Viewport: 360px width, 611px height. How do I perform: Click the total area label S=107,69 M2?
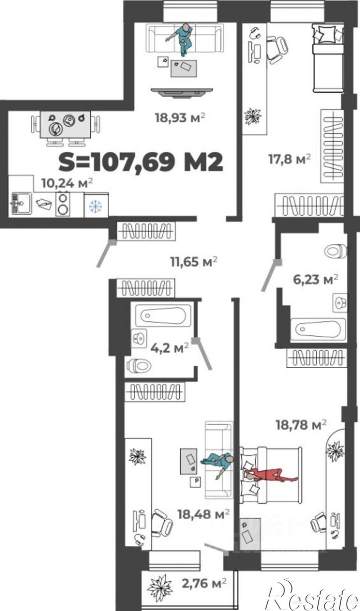click(141, 162)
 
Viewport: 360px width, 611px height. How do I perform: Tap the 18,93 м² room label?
click(180, 118)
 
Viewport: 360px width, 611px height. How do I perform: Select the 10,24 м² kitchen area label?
click(67, 183)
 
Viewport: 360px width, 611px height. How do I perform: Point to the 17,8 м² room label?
click(289, 159)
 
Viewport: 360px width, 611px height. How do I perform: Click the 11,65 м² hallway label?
click(194, 262)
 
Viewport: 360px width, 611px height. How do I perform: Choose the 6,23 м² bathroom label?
click(315, 280)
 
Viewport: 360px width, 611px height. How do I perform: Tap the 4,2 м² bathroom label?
click(170, 348)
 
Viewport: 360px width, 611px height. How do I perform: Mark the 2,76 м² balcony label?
click(204, 583)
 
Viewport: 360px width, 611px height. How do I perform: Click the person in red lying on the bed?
click(270, 475)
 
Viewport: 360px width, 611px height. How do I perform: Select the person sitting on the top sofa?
click(182, 39)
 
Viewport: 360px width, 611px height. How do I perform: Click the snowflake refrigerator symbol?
click(96, 206)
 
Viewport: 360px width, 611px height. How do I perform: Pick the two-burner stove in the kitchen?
click(63, 204)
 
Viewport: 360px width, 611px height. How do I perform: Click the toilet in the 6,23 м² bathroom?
click(336, 251)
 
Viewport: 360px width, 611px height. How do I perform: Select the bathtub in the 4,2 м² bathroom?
click(163, 315)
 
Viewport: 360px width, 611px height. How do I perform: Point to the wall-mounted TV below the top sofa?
click(182, 92)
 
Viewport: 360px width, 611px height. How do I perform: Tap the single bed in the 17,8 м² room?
click(328, 58)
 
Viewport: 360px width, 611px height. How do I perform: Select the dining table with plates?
click(66, 125)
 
